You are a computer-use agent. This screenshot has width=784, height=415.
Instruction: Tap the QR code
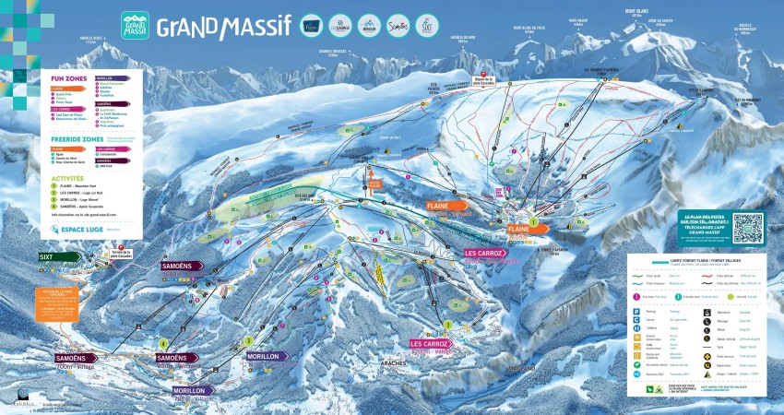click(748, 227)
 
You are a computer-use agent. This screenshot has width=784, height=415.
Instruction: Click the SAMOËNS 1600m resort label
click(180, 267)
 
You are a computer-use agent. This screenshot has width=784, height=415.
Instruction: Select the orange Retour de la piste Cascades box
click(58, 303)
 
